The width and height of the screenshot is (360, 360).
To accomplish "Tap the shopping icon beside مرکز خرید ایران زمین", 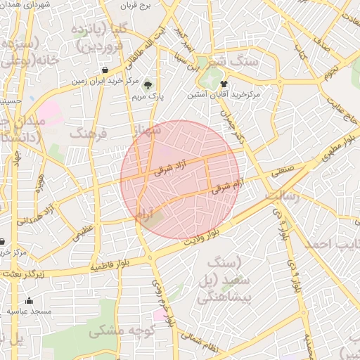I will [105, 70].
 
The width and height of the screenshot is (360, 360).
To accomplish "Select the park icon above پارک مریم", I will [147, 85].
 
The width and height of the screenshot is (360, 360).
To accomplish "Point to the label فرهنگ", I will [86, 133].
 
